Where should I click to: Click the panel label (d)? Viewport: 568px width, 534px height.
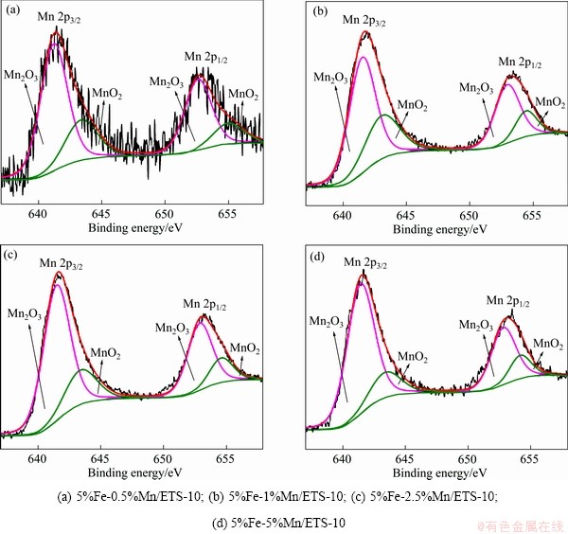pos(320,256)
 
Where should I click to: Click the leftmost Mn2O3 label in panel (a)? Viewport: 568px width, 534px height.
pos(20,74)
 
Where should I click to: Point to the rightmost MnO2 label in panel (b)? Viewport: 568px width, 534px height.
pos(551,102)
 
